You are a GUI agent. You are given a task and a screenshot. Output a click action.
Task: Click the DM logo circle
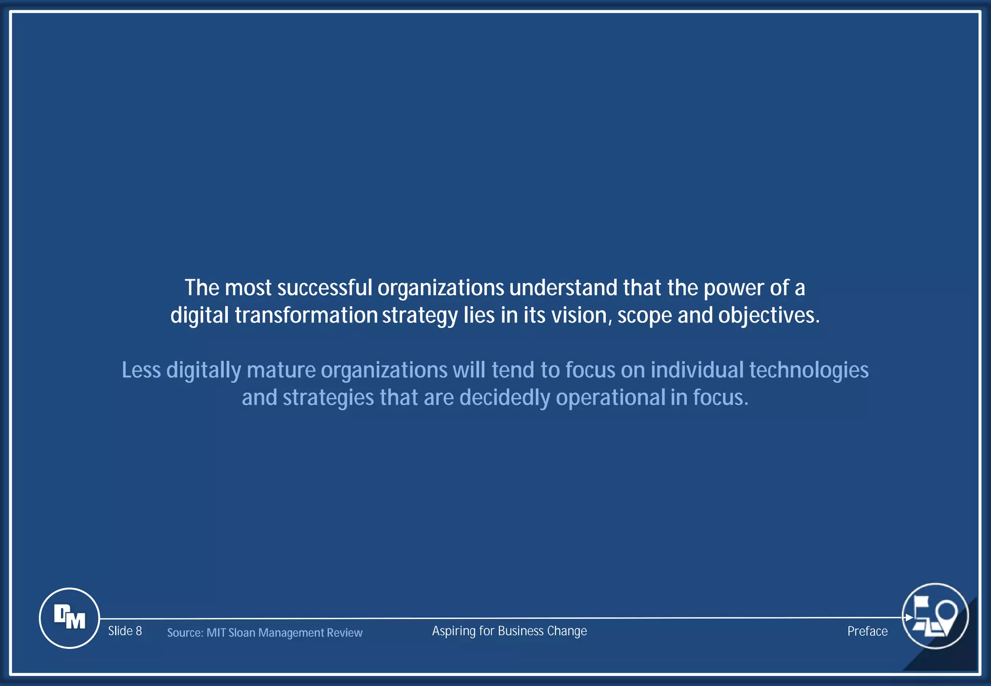69,618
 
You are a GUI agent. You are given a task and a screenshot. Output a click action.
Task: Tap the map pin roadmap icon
935,616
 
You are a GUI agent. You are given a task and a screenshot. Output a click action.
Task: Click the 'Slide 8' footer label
125,631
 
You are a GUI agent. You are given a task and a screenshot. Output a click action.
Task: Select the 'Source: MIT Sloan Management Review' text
265,633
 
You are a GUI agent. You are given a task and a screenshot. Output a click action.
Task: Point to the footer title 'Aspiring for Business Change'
509,631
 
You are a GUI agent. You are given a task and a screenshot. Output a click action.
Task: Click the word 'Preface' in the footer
867,631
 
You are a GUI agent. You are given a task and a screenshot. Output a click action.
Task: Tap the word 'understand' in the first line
563,288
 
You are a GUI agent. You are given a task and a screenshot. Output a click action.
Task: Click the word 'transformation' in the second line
306,315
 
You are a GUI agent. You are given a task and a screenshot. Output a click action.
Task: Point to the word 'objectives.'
769,315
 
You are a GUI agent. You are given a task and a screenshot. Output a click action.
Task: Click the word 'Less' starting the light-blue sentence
141,370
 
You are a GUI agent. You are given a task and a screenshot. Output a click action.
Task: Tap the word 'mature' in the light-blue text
281,370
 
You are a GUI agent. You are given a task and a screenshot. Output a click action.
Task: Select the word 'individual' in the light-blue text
697,370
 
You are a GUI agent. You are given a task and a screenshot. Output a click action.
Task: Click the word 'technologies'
809,370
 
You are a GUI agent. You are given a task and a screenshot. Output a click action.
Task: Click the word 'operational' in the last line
610,398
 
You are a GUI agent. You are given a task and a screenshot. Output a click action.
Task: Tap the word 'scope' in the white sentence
645,315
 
